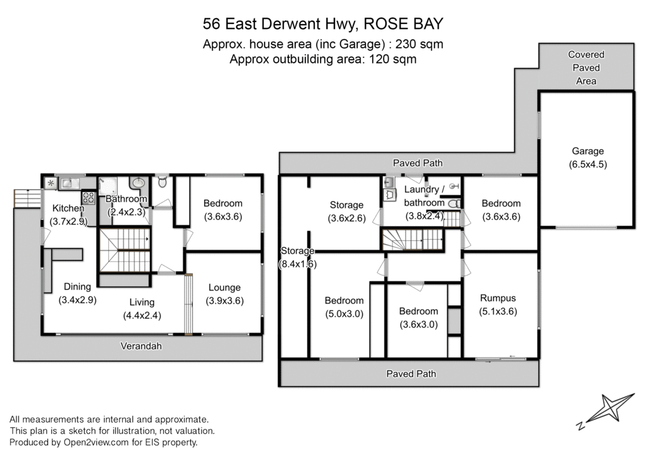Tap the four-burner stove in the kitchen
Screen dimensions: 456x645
pos(89,197)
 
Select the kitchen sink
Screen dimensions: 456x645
pos(69,183)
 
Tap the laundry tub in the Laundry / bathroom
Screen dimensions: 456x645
pos(389,195)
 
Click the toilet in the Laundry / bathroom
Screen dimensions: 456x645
pos(453,203)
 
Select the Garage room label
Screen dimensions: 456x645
pos(588,151)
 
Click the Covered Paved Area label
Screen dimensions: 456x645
pos(586,68)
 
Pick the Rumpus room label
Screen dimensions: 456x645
pos(498,298)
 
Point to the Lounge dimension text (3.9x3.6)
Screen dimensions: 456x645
pos(224,301)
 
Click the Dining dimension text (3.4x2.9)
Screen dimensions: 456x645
pos(77,299)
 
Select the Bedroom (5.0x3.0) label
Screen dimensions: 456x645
pos(344,301)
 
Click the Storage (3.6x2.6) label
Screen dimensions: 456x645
pos(346,205)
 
